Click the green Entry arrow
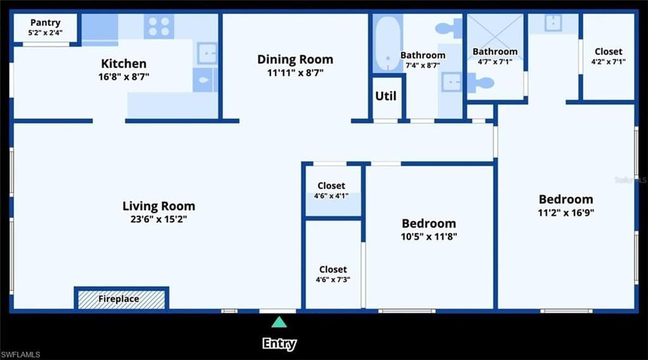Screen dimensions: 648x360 tap(279, 322)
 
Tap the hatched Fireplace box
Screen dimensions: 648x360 tap(121, 299)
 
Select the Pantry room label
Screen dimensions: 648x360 tap(46, 22)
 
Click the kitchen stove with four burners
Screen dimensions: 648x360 tap(159, 27)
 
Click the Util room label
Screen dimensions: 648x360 tap(385, 96)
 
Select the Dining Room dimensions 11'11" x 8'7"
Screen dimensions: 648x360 tap(295, 73)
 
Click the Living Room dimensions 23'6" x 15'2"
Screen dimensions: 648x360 tap(159, 219)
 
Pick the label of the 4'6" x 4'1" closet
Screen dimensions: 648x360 tap(332, 185)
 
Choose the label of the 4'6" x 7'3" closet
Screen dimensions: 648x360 tap(333, 270)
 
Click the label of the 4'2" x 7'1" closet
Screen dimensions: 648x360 tap(608, 52)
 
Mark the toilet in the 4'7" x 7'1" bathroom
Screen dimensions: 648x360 tap(481, 83)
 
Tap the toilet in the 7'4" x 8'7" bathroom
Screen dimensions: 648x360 tap(449, 28)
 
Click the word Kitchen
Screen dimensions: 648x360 tap(123, 64)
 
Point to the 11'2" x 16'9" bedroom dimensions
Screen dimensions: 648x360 tap(566, 213)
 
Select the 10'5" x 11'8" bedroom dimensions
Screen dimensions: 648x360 tap(429, 237)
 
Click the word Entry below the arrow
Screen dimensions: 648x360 tap(279, 344)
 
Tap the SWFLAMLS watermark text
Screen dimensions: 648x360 tap(20, 355)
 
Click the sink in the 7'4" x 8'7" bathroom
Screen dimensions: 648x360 tap(451, 82)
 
